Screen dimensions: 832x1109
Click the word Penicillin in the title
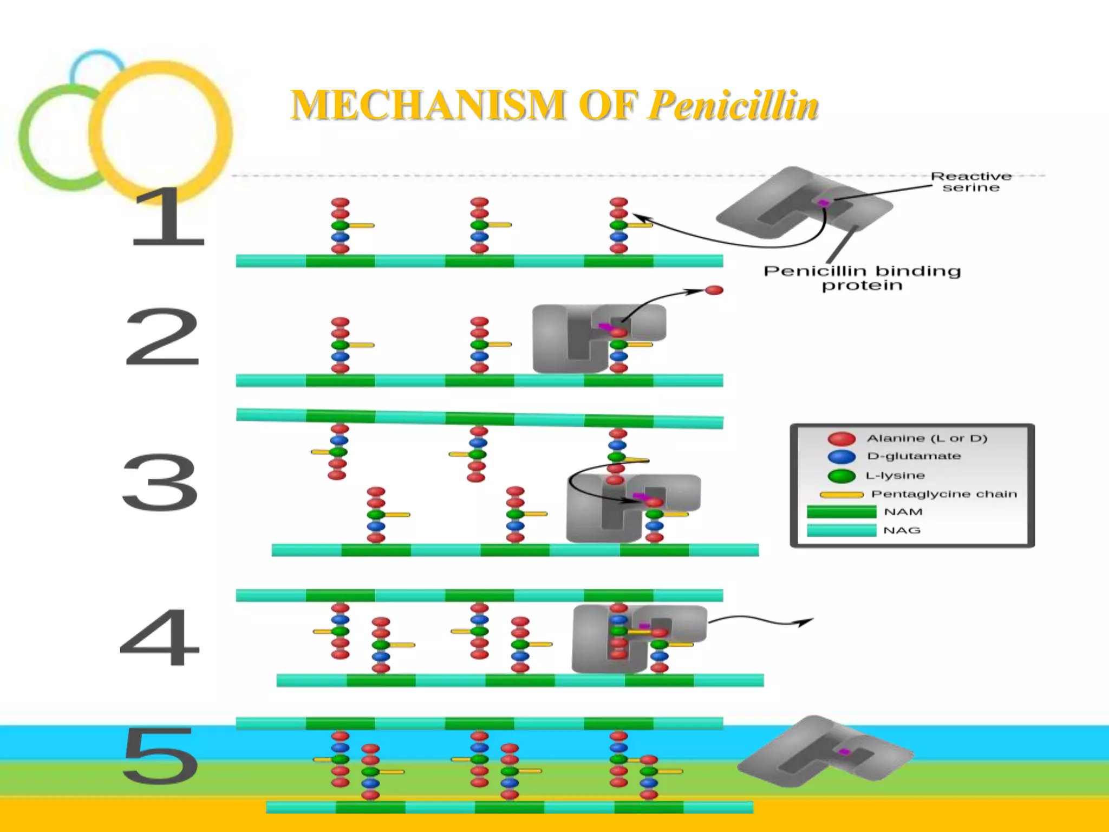pyautogui.click(x=733, y=105)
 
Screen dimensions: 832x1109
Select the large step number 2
pyautogui.click(x=162, y=337)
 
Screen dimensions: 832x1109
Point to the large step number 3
pyautogui.click(x=160, y=482)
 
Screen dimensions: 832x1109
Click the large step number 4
pyautogui.click(x=160, y=637)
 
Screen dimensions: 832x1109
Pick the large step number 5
pyautogui.click(x=160, y=756)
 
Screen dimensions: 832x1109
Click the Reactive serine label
pyautogui.click(x=970, y=182)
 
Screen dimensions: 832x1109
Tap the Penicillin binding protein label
pyautogui.click(x=862, y=278)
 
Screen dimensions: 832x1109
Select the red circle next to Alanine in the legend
pyautogui.click(x=841, y=438)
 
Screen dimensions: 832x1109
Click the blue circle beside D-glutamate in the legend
pyautogui.click(x=841, y=457)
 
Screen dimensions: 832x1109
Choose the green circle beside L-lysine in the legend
pyautogui.click(x=841, y=476)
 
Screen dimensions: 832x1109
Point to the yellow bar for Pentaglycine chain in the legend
pyautogui.click(x=841, y=495)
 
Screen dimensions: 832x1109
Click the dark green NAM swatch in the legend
pyautogui.click(x=841, y=512)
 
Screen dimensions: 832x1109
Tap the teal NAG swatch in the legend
pyautogui.click(x=841, y=530)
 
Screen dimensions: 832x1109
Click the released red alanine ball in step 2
pyautogui.click(x=714, y=290)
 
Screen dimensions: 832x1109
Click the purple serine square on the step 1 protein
pyautogui.click(x=823, y=203)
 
